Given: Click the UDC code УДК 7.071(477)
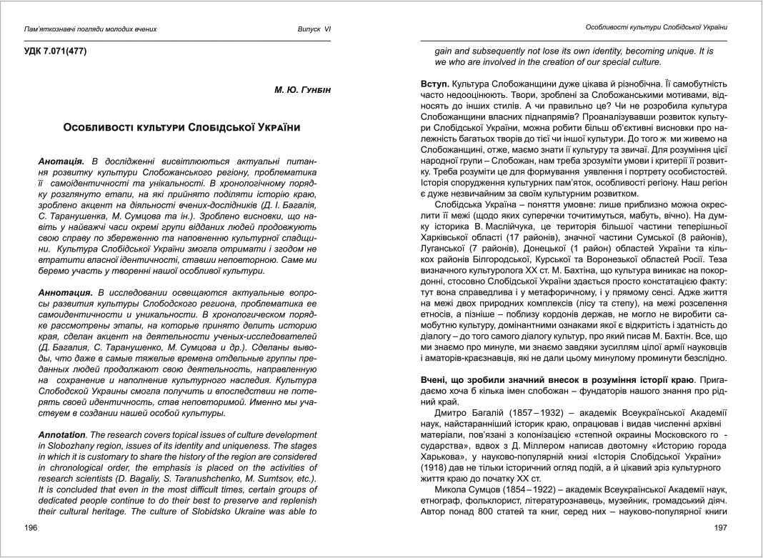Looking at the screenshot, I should [56, 51].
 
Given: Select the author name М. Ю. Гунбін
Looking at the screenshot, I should [304, 90].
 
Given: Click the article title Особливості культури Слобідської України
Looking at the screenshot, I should [181, 127].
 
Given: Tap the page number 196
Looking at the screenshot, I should [30, 527].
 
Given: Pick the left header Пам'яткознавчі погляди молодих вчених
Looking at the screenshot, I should [90, 29].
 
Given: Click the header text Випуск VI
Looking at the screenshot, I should [314, 29].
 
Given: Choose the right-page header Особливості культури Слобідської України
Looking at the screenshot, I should [656, 27].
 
